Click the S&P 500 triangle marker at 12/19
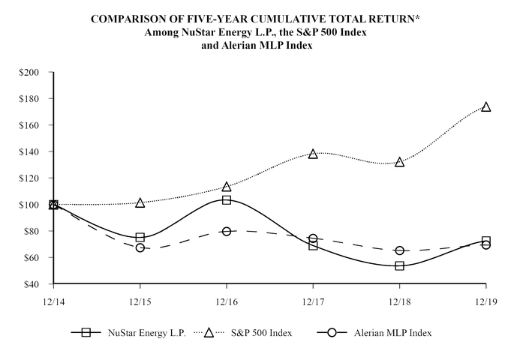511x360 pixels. coord(486,107)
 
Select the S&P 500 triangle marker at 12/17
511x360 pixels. coord(313,154)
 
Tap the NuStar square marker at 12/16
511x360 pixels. coord(227,200)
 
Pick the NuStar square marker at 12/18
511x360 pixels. coord(400,265)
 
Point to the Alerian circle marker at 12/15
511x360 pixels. coord(140,247)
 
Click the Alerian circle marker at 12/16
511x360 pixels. coord(227,231)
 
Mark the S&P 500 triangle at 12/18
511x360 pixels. coord(400,162)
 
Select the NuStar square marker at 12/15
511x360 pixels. coord(140,238)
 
